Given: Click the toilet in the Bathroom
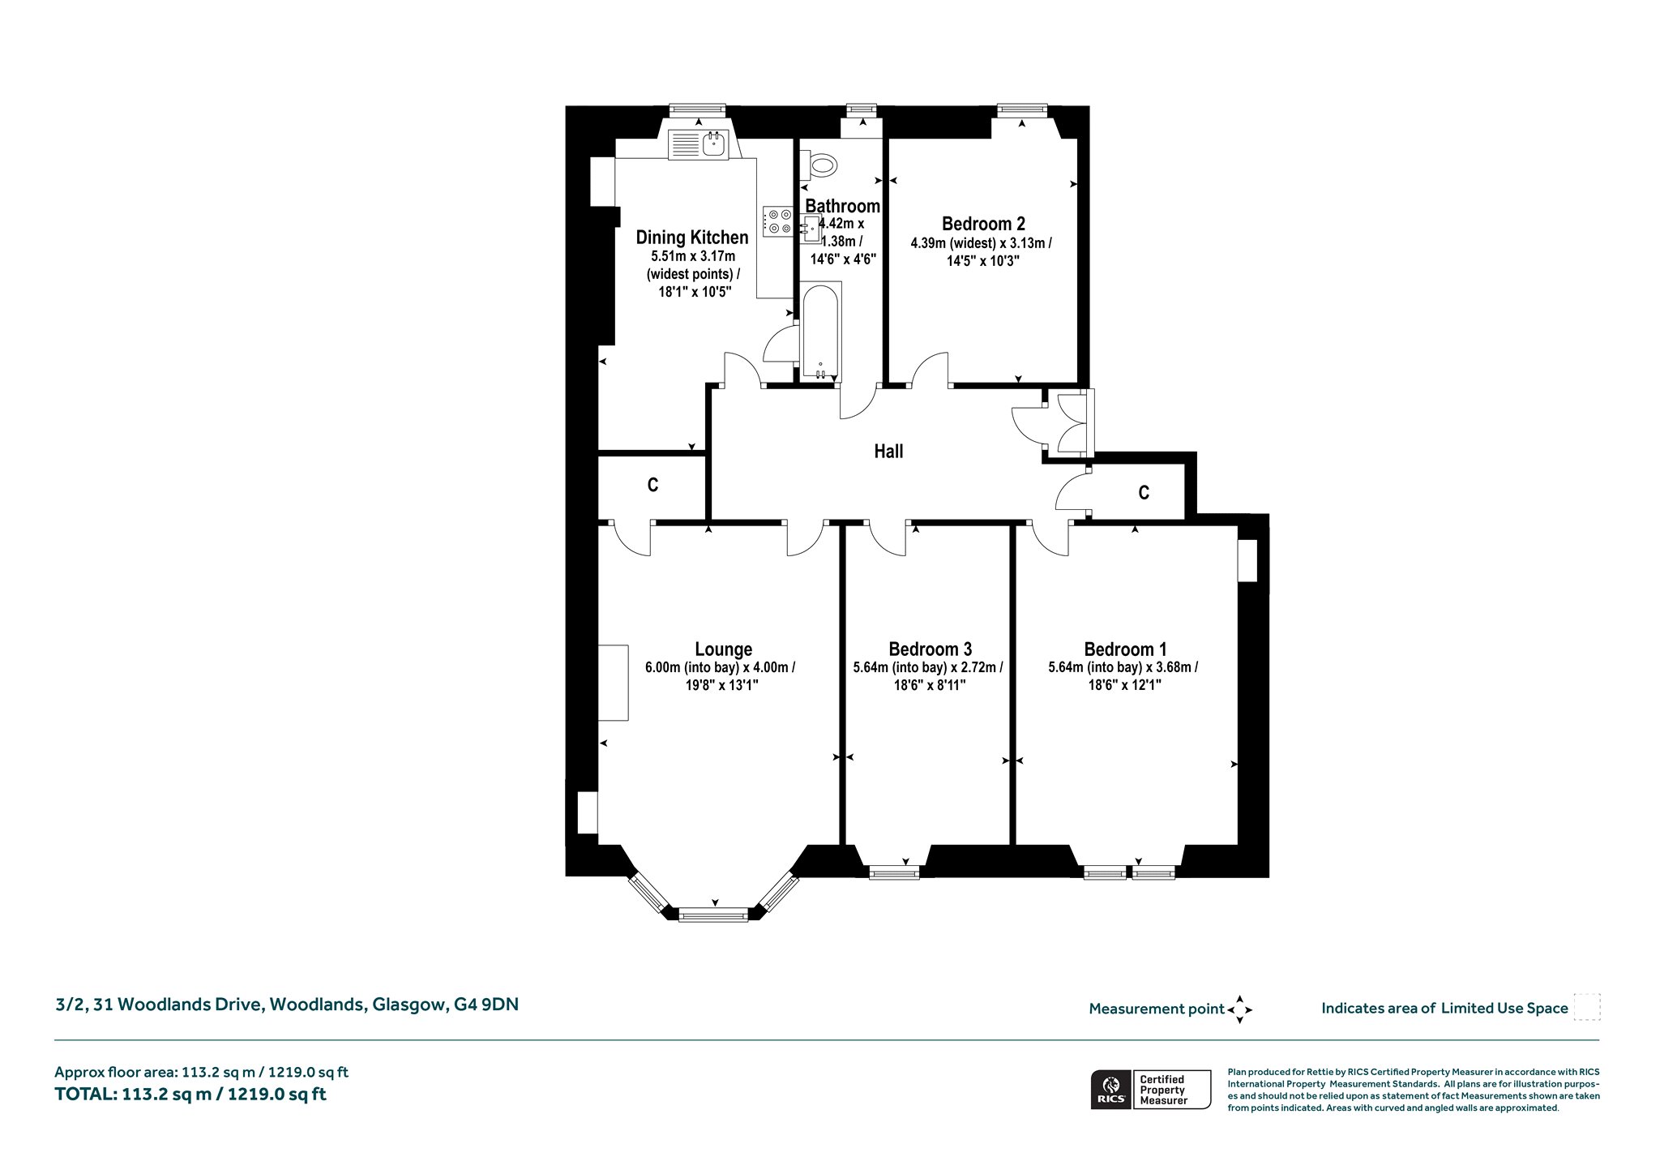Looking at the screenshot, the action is [819, 165].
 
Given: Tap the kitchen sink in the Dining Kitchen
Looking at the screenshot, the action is [700, 144].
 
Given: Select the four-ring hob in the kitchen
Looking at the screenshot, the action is [778, 221].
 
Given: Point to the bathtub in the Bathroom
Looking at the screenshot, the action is [821, 332].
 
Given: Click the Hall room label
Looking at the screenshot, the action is [888, 452].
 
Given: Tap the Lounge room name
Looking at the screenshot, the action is [723, 649].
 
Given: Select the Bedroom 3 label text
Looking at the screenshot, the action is [930, 649].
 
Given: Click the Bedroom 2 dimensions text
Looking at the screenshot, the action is [982, 251].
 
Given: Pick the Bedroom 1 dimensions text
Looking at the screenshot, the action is [1123, 676].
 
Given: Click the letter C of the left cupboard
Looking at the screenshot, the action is [652, 485].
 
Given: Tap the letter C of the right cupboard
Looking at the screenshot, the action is [1144, 492].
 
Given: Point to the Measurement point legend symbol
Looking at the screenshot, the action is [1239, 1009].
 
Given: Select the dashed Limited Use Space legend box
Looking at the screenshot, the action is [1586, 1007].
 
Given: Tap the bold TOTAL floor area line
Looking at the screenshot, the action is [190, 1094].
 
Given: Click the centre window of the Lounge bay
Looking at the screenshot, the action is [713, 915].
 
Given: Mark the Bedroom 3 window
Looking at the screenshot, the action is [893, 872].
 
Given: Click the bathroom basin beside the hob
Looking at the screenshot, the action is [812, 229].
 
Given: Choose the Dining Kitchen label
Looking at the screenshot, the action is [691, 238].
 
